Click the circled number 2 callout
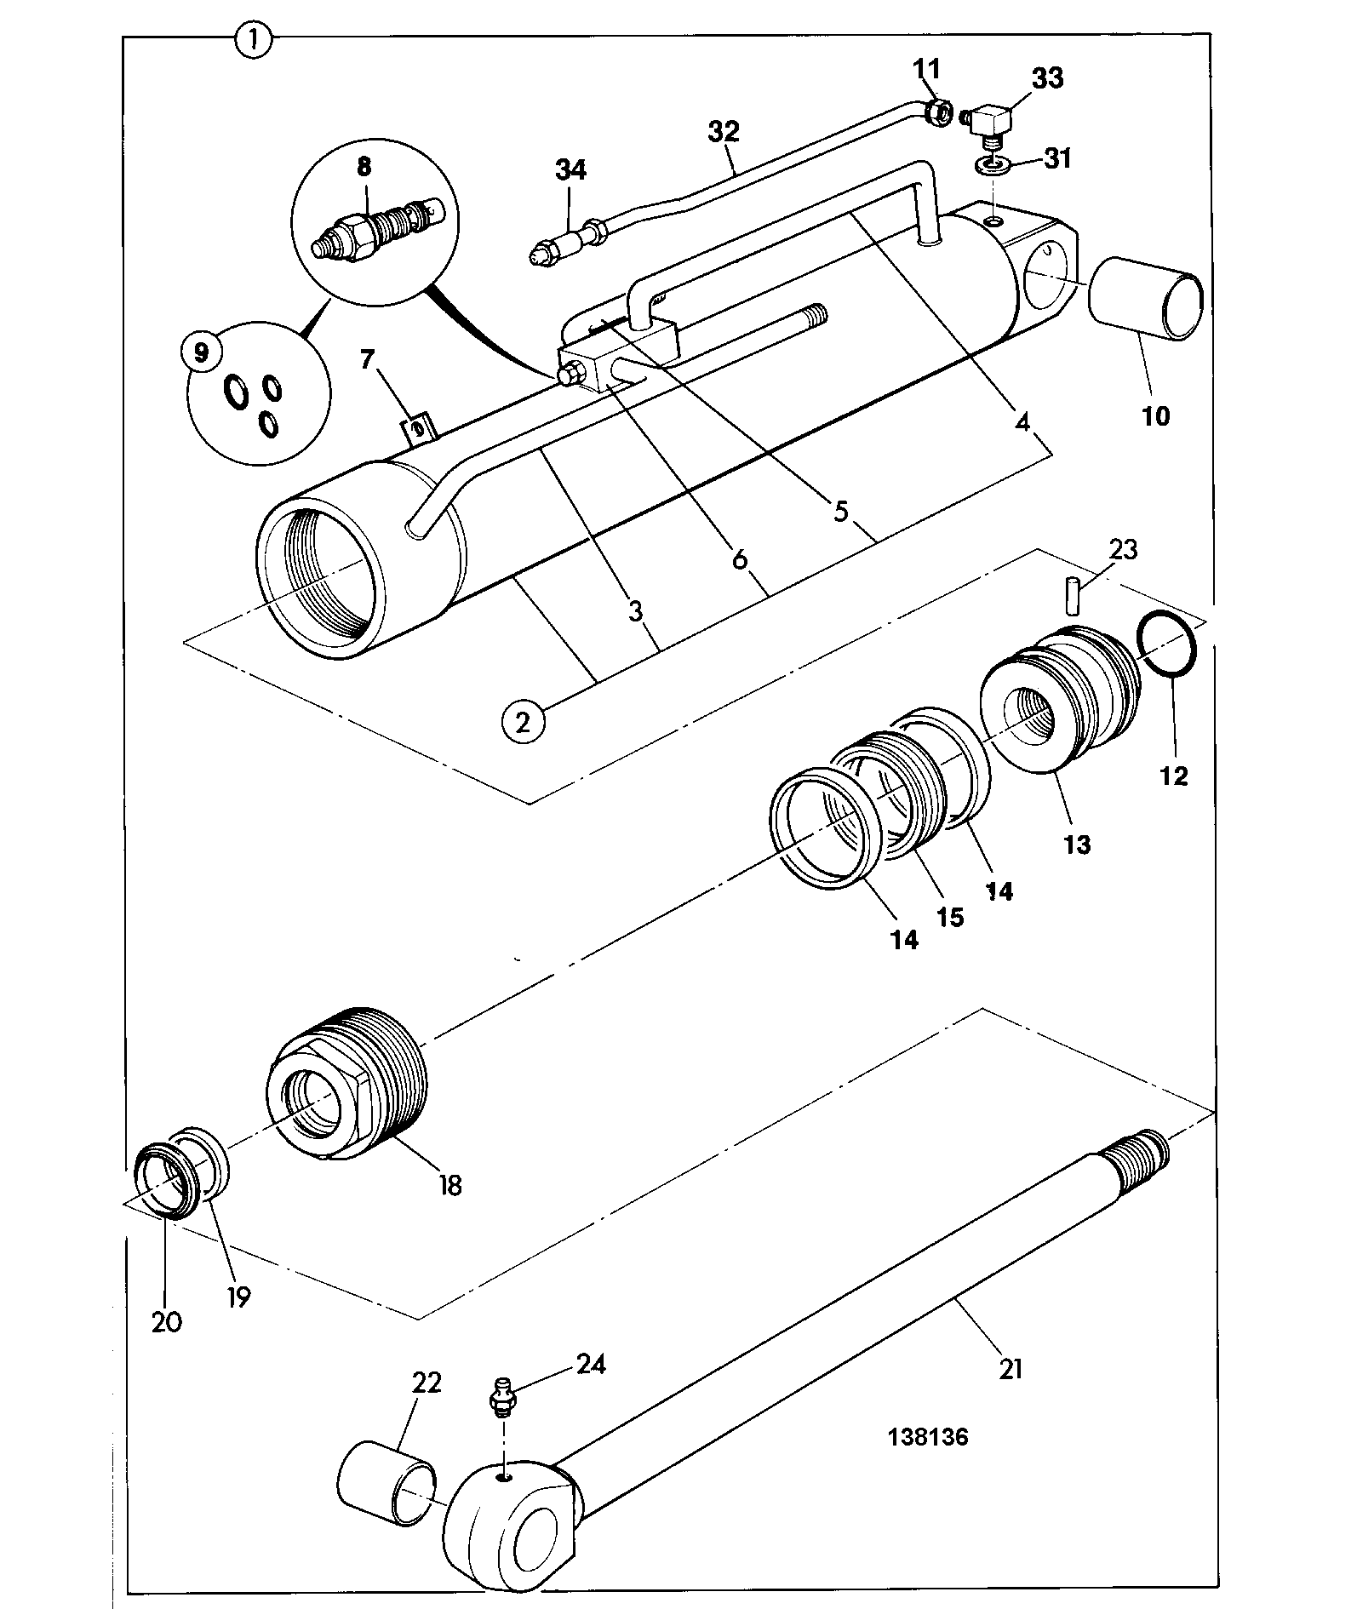click(x=523, y=723)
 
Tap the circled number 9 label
click(x=202, y=352)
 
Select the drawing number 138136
click(x=928, y=1437)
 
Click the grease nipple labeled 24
click(x=502, y=1400)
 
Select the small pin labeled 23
click(x=1074, y=594)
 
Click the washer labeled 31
click(x=993, y=164)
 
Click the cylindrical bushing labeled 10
click(x=1147, y=300)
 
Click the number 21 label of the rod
click(x=1011, y=1369)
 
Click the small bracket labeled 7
click(x=419, y=427)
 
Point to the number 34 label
click(x=571, y=169)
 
